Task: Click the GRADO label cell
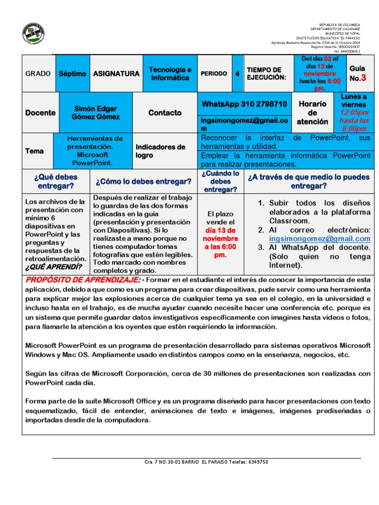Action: point(38,73)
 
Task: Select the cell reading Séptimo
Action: point(72,73)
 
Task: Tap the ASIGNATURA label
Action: point(116,73)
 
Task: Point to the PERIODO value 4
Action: point(237,73)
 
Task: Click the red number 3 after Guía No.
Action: point(364,78)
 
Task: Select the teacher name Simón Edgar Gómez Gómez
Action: point(96,112)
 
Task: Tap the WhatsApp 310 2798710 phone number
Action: point(244,104)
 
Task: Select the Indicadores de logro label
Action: point(160,151)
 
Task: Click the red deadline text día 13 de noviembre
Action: point(221,235)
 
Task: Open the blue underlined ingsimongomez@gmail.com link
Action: point(319,239)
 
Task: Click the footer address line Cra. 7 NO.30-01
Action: point(206,462)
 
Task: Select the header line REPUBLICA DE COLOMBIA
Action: point(340,24)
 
